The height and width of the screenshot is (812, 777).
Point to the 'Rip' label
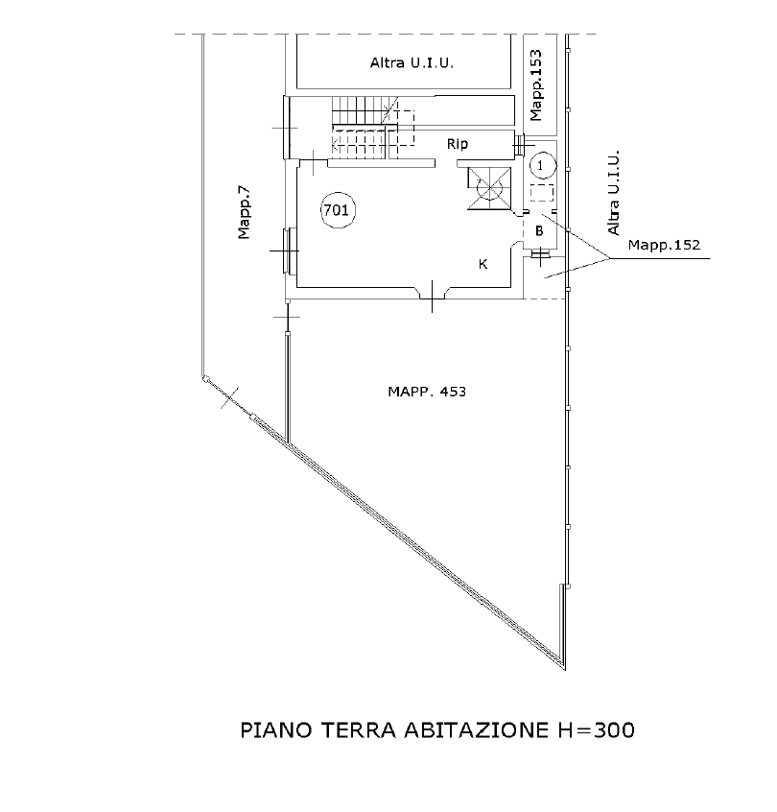[458, 144]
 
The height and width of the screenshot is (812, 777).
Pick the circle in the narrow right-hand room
[542, 164]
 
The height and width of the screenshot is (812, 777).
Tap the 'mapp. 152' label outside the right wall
[669, 247]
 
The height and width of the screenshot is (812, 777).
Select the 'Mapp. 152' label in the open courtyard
[426, 391]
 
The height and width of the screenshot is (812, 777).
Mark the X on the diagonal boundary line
[228, 395]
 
